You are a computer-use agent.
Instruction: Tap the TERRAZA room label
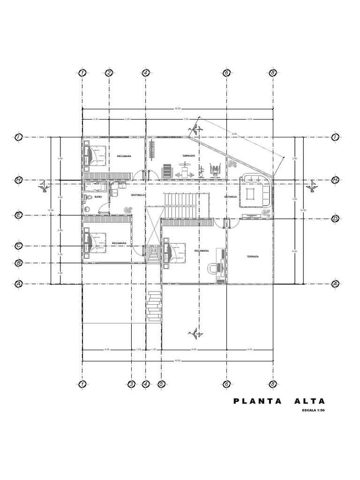[253, 257]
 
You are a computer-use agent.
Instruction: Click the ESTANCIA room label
[231, 197]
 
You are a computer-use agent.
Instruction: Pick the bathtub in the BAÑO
[96, 187]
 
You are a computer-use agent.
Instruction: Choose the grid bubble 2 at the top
[109, 73]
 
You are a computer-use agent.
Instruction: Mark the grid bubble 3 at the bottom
[132, 384]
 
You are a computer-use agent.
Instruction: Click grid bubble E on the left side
[19, 215]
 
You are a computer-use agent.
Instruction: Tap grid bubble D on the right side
[335, 218]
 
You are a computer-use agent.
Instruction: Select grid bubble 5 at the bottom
[161, 384]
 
